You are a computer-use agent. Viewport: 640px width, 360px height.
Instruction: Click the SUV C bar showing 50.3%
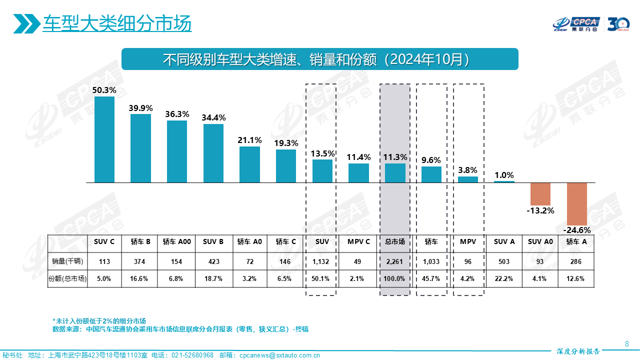pos(104,139)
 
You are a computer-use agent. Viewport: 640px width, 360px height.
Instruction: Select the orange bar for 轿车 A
pos(576,204)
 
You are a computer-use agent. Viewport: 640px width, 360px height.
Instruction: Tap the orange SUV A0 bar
pos(540,194)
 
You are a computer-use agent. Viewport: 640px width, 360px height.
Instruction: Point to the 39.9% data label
pos(140,108)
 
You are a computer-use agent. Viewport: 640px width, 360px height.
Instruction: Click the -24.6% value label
pos(576,230)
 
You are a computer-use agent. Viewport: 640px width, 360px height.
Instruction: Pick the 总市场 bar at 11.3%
pos(395,173)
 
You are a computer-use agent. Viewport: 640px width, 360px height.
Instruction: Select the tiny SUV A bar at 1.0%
pos(504,181)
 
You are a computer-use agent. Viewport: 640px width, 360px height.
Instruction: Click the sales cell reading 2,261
pos(395,261)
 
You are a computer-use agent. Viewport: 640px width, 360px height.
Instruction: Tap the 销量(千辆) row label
pos(67,261)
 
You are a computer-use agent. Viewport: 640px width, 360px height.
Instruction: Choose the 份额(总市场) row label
pos(67,279)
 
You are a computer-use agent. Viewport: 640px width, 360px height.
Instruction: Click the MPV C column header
pos(358,242)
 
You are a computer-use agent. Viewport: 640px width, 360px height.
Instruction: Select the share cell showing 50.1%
pos(320,279)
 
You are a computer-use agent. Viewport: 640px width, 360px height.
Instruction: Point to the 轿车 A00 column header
pos(177,242)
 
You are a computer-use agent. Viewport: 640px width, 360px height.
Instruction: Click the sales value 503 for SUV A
pos(504,261)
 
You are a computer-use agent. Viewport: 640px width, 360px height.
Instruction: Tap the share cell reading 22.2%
pos(504,279)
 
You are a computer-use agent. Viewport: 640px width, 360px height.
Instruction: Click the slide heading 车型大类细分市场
pos(117,23)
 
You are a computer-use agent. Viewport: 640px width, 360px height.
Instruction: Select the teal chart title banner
pos(320,59)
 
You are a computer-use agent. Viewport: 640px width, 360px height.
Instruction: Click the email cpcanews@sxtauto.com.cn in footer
pos(279,355)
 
